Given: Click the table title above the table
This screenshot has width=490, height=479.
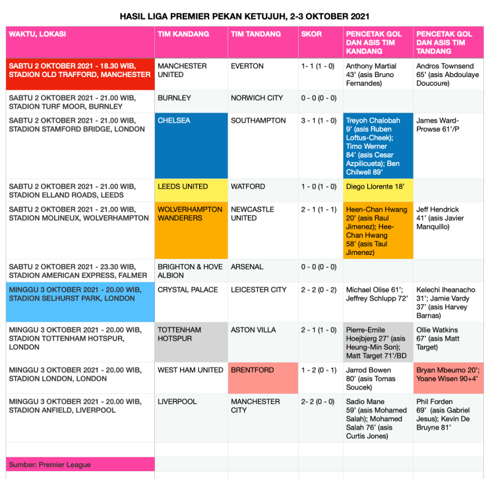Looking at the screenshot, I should [245, 15].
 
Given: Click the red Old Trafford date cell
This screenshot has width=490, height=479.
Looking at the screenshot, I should [80, 74].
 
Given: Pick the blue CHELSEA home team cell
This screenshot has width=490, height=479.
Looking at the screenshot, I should [191, 146].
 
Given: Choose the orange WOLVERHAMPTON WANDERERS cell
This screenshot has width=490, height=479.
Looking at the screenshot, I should [191, 231].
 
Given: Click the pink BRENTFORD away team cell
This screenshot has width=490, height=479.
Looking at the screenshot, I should [262, 378].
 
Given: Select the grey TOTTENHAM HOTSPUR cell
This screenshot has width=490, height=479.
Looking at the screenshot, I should [191, 342].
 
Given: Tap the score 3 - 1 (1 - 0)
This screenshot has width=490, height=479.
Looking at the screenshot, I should [320, 121].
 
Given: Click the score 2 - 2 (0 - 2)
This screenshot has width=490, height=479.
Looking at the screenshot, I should [320, 290].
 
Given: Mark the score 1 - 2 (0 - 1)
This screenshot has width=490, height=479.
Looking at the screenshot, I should [320, 370].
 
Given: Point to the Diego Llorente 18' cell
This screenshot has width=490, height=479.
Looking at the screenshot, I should [378, 187].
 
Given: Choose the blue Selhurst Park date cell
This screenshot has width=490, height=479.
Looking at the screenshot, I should [80, 302].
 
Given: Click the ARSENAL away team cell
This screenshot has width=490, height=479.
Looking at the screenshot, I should [262, 267].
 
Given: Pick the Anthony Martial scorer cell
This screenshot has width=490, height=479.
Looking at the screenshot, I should [378, 74].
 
